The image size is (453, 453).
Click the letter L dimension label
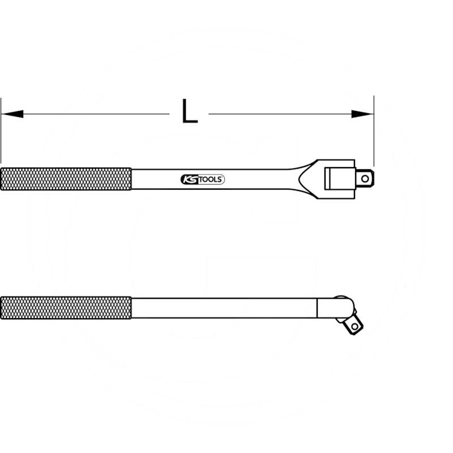click(x=189, y=112)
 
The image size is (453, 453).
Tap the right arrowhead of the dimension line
click(x=362, y=114)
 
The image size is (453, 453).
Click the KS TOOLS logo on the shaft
click(x=203, y=179)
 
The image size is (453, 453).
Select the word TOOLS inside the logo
click(x=211, y=179)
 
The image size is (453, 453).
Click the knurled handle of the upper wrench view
click(x=66, y=179)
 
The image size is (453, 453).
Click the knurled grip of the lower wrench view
click(x=66, y=307)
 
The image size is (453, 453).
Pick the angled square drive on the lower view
click(x=353, y=324)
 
